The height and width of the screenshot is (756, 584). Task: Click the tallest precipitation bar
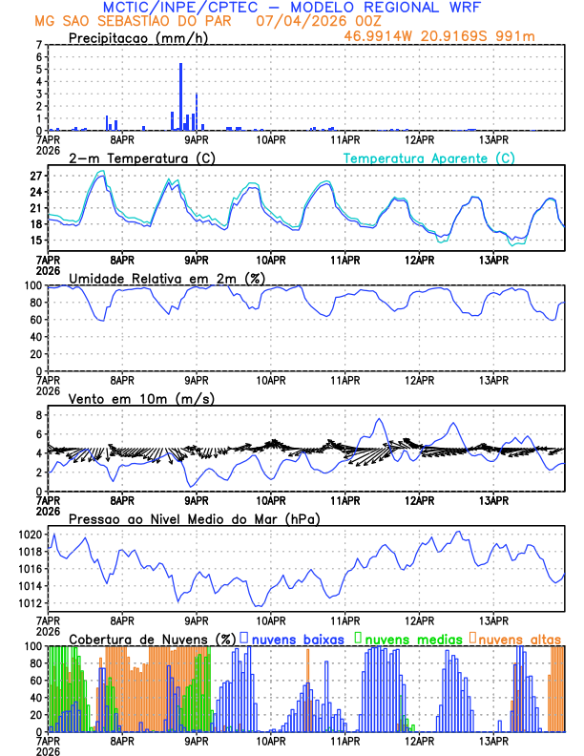coord(181,96)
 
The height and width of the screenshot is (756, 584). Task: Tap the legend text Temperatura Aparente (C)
coord(428,157)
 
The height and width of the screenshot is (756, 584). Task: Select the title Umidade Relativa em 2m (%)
coord(164,278)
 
